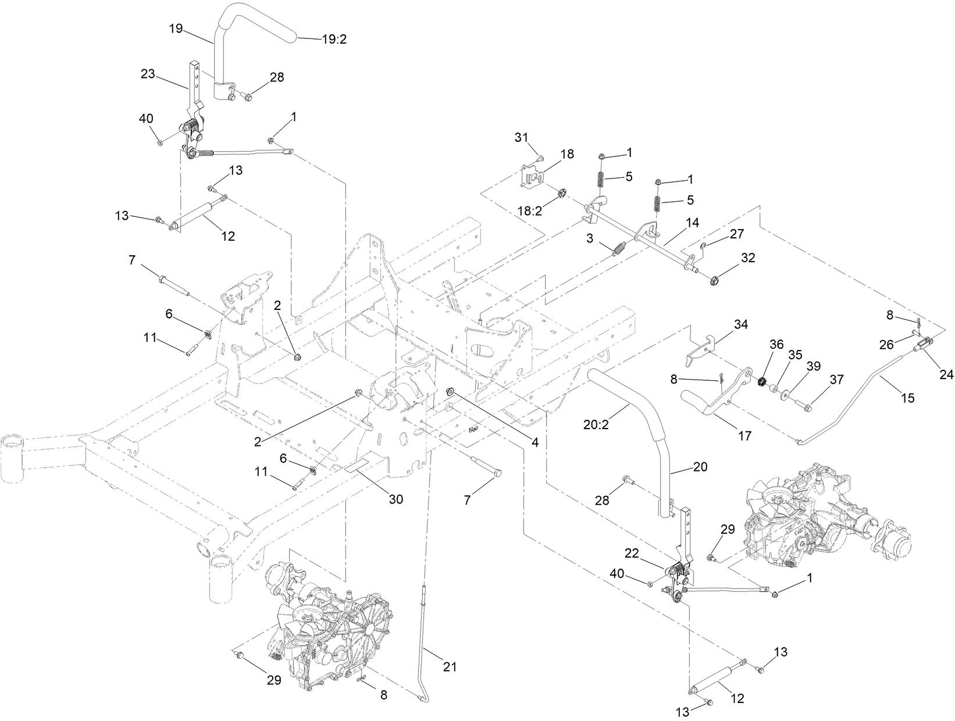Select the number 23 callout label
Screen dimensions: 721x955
coord(148,74)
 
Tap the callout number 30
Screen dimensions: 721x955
coord(395,499)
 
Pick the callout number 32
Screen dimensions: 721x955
coord(748,257)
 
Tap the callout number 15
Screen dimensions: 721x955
coord(907,398)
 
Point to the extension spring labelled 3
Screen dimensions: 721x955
coord(622,248)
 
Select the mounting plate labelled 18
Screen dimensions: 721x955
coord(533,179)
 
